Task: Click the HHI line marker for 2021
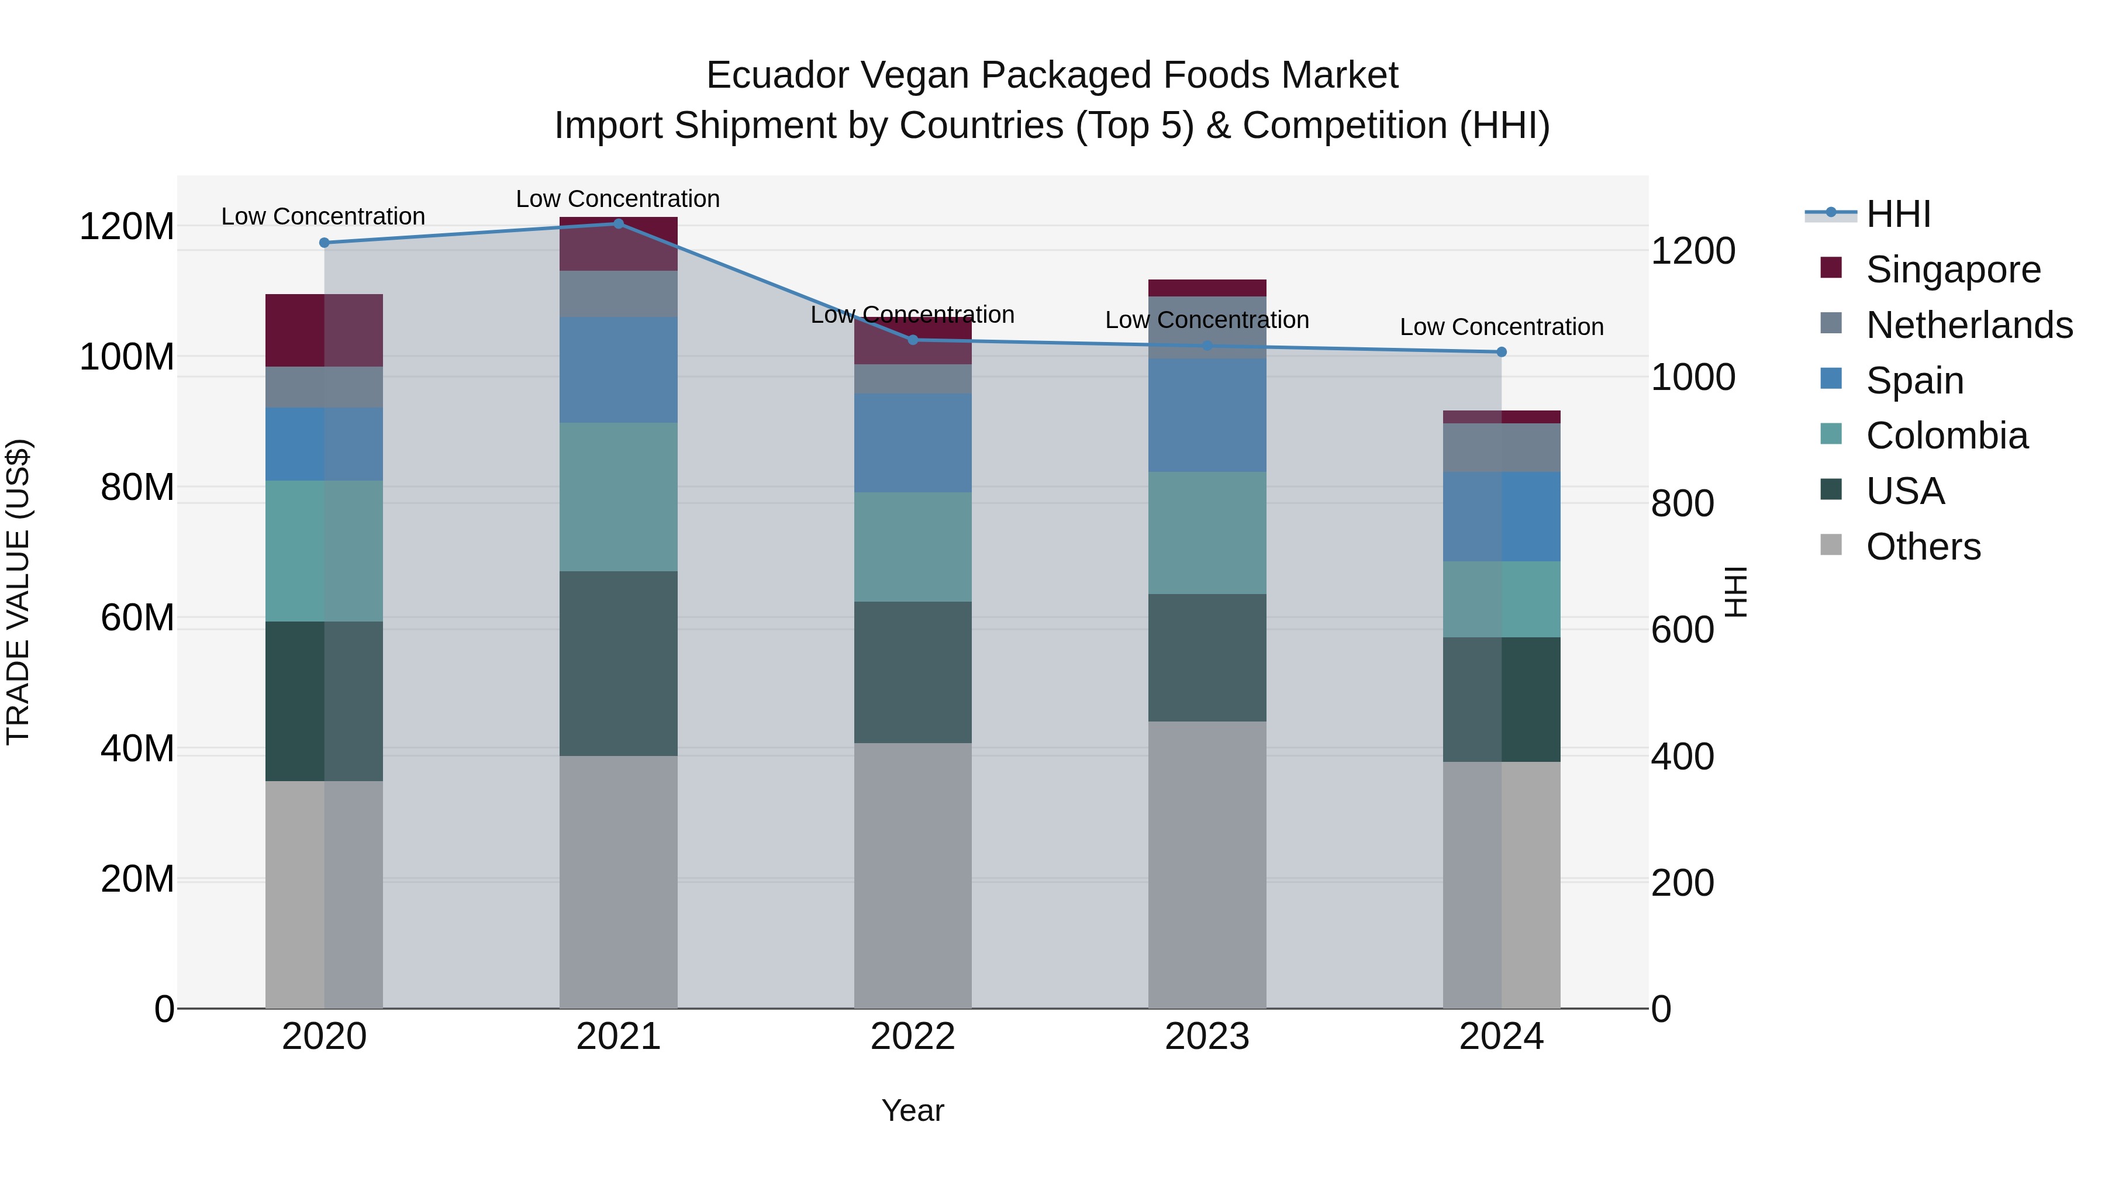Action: click(618, 223)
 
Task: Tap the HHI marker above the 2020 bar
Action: click(325, 243)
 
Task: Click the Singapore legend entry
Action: click(1952, 270)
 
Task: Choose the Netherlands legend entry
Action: click(1969, 325)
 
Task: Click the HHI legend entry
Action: click(1897, 214)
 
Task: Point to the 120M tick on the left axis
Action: click(127, 226)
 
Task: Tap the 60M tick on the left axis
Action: click(137, 618)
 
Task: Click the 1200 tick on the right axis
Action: click(1692, 251)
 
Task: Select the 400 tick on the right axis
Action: click(1682, 757)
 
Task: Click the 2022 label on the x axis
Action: click(913, 1037)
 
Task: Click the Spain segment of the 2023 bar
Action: click(1207, 415)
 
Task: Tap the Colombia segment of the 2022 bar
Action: click(913, 547)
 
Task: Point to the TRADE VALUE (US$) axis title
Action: click(18, 592)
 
